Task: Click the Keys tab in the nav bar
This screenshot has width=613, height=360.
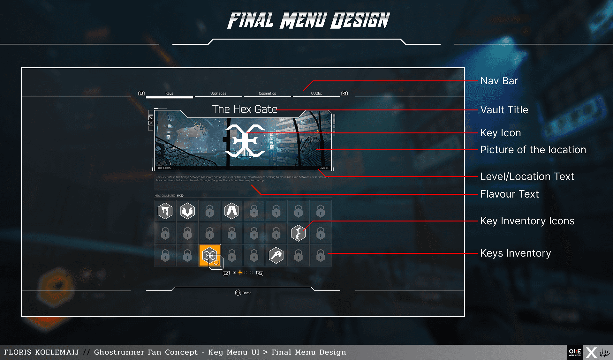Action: (169, 94)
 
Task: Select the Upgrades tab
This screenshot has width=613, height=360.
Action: (218, 94)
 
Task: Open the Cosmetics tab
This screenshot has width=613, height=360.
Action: (267, 94)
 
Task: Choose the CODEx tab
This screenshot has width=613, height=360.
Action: (316, 94)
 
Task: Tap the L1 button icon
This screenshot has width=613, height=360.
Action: (141, 93)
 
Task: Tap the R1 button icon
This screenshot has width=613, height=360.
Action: (344, 93)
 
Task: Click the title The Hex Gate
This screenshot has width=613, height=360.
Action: (245, 109)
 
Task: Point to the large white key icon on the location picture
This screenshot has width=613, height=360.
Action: (245, 140)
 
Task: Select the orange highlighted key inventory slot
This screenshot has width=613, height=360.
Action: (209, 255)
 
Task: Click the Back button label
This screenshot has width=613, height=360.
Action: (246, 293)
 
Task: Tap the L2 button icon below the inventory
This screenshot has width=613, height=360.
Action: (226, 273)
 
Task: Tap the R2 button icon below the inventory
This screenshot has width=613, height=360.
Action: (260, 273)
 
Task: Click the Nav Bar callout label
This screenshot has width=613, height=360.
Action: (499, 81)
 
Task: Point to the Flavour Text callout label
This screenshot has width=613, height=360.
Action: (510, 194)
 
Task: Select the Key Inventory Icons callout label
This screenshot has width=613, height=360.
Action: (527, 221)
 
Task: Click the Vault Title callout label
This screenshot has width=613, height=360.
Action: (504, 110)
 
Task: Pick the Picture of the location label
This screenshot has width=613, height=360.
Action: (533, 150)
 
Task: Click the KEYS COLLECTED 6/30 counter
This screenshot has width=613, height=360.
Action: (169, 196)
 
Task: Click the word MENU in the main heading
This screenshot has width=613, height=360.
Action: (303, 20)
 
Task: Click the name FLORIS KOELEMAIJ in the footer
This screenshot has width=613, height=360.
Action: (42, 352)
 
